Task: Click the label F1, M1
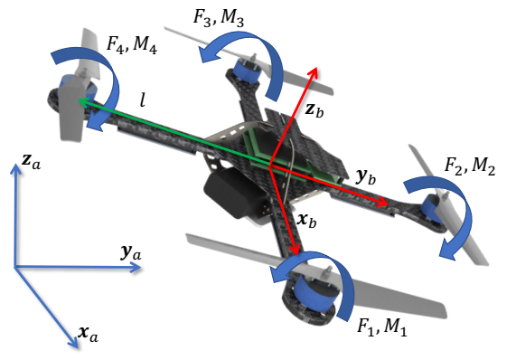pos(382,327)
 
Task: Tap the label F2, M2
pos(470,166)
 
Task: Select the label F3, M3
pos(218,18)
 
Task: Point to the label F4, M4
pos(131,45)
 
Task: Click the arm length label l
pos(143,100)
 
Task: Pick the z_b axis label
pos(314,109)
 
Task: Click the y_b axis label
pos(366,177)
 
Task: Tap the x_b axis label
pos(306,220)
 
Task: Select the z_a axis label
pos(31,161)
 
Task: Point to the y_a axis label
pos(131,253)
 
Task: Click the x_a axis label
pos(89,334)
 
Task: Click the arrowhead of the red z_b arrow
pos(314,71)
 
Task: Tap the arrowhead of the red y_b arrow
pos(384,203)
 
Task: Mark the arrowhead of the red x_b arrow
pos(295,251)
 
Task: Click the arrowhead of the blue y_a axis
pos(136,267)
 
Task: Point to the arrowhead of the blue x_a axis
pos(75,344)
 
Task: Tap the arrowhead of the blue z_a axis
pos(14,168)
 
